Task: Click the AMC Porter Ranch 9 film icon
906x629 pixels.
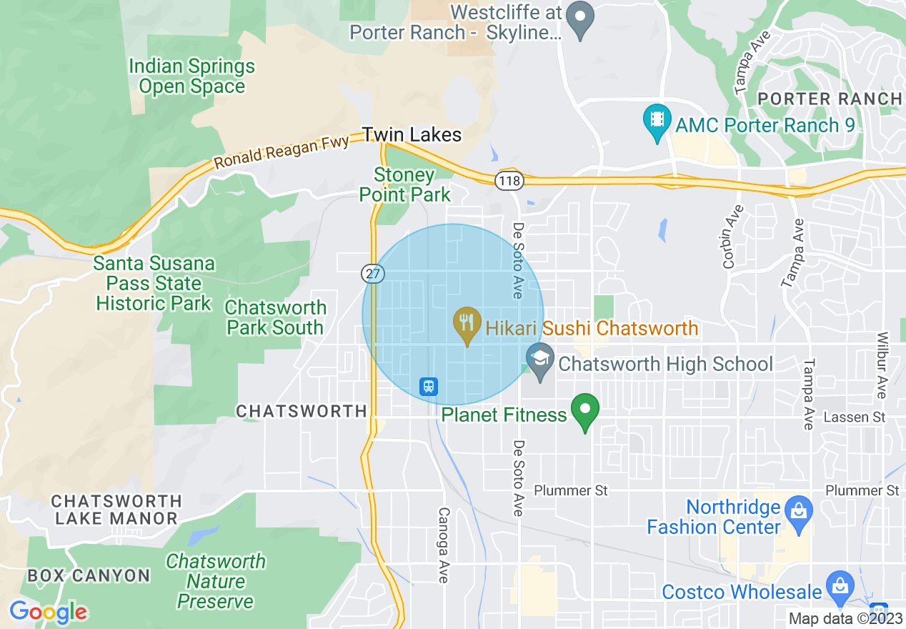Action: (x=656, y=122)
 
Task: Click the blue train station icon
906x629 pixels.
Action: (x=428, y=387)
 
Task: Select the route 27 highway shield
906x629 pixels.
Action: (x=373, y=273)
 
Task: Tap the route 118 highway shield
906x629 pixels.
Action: (x=509, y=181)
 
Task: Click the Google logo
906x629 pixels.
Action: (x=48, y=612)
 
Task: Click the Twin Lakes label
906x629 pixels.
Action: (x=412, y=134)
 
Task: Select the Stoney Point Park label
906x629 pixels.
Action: (x=404, y=184)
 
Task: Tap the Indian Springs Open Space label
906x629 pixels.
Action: (x=191, y=76)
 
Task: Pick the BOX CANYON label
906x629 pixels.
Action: (x=89, y=575)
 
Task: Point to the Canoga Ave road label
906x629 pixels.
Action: (x=443, y=545)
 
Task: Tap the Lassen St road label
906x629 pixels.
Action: (x=855, y=417)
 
